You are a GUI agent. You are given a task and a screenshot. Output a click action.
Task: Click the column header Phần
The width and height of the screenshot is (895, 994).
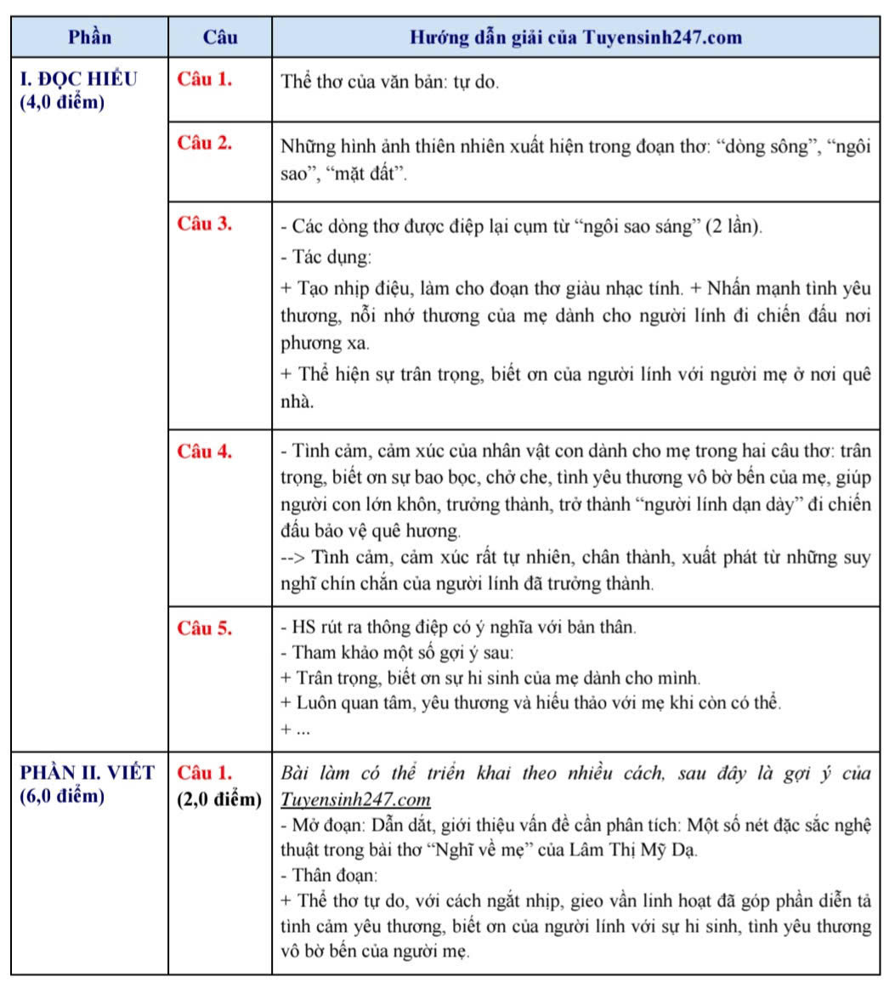point(89,37)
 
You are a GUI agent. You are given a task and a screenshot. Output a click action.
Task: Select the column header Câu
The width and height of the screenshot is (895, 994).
point(220,37)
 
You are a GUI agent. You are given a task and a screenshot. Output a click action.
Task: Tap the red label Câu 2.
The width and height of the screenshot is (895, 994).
point(205,143)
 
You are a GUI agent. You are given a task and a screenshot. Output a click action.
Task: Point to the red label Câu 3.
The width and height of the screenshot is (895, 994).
point(205,224)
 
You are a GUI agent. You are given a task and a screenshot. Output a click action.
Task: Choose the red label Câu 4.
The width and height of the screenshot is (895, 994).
point(205,452)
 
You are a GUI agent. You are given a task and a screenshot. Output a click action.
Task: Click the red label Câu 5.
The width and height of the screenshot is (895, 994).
point(205,628)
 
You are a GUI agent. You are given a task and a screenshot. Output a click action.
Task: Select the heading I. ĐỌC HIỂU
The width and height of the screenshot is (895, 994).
point(78,81)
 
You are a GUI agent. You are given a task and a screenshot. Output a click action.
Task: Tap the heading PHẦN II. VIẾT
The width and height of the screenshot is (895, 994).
point(87,773)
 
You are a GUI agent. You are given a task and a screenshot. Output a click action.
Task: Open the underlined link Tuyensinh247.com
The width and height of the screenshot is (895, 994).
point(354,800)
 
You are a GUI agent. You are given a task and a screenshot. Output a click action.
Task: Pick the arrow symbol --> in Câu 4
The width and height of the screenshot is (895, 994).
point(293,559)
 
